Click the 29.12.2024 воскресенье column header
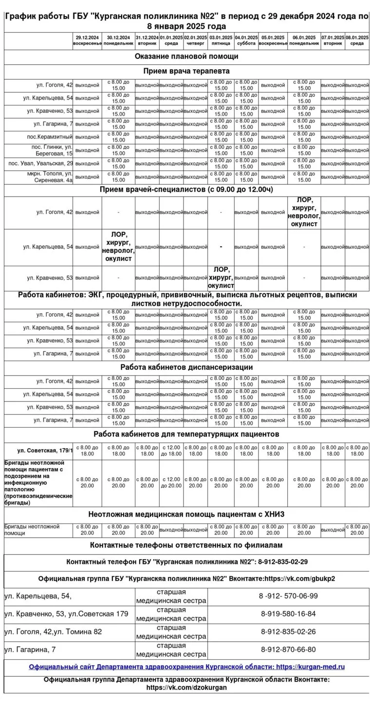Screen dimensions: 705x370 point(87,40)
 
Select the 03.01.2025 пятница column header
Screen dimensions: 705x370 point(221,40)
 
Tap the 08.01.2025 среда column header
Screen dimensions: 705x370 point(357,40)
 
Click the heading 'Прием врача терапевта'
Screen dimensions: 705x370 point(186,71)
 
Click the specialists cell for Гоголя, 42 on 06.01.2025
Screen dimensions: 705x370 point(304,212)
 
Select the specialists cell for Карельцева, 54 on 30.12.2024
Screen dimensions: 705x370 point(118,247)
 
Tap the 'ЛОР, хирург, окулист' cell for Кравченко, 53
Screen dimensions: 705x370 point(221,277)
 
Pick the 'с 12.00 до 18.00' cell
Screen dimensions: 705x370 point(171,451)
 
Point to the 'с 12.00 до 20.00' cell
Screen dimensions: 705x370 point(171,482)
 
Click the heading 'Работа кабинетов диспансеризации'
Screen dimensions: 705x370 point(186,367)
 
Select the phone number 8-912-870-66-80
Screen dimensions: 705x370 point(288,650)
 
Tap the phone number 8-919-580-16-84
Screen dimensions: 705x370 point(288,614)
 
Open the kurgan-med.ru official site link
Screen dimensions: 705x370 point(186,667)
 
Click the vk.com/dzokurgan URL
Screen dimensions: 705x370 point(186,688)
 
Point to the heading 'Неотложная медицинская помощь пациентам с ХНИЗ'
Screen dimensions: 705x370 point(186,514)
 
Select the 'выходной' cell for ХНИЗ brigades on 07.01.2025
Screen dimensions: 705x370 point(333,529)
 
